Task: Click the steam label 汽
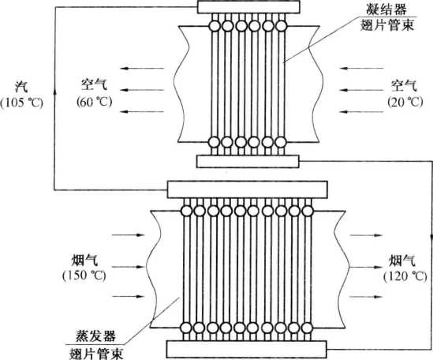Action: [21, 87]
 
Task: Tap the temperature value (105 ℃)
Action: [22, 103]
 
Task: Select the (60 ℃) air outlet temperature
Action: [95, 102]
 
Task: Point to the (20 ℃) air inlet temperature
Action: [405, 102]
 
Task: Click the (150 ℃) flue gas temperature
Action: [84, 276]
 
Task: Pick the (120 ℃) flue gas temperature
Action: [405, 276]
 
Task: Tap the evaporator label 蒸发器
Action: [95, 336]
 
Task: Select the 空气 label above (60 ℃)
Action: [94, 84]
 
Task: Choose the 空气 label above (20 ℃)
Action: [404, 85]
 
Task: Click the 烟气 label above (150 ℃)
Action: [84, 261]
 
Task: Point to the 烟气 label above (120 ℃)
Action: [402, 261]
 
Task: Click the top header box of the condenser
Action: [248, 6]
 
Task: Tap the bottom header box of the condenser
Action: [248, 162]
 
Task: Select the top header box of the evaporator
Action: [248, 189]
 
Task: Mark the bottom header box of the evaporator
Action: [247, 349]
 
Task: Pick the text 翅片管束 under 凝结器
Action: [387, 25]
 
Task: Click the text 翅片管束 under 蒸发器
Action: [96, 354]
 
